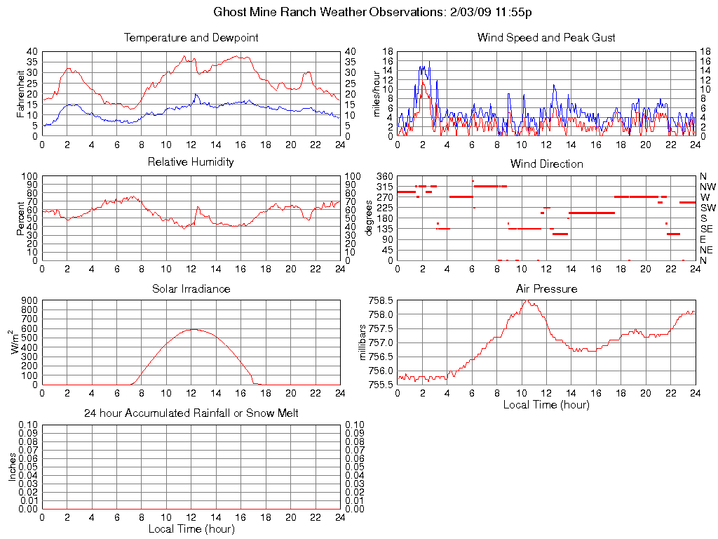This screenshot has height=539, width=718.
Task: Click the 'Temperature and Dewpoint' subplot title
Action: point(191,37)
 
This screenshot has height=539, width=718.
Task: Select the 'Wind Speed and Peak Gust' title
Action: point(546,37)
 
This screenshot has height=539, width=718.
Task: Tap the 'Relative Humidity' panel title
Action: point(191,162)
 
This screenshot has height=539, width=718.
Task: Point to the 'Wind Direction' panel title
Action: point(546,164)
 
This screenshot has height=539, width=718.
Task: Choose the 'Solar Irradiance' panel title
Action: point(191,288)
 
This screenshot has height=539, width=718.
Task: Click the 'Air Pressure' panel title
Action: point(546,288)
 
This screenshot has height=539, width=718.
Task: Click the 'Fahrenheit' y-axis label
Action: point(20,93)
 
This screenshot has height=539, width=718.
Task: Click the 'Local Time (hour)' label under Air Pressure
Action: point(546,404)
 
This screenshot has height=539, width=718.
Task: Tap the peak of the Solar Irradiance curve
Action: point(193,329)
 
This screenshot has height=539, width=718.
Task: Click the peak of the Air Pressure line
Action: point(524,301)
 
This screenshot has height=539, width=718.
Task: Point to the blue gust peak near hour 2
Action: point(428,62)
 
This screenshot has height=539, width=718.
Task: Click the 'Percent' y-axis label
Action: point(20,218)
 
